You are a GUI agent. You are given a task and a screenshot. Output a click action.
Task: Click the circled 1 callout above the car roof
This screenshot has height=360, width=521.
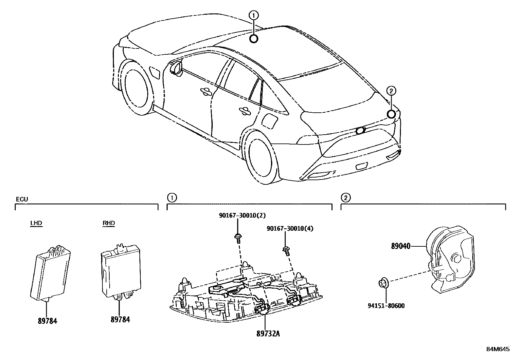[x=254, y=15]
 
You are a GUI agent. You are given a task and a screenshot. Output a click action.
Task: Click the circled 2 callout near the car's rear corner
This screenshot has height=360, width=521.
[x=391, y=90]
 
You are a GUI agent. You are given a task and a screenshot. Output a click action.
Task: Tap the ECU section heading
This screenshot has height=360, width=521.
[x=22, y=199]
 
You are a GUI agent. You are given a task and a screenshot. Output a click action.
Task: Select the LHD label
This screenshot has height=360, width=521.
[x=36, y=223]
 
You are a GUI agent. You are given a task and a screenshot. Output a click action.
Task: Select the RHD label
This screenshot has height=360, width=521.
[x=109, y=223]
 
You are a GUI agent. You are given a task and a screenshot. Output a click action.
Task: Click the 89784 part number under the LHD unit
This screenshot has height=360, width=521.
[x=47, y=321]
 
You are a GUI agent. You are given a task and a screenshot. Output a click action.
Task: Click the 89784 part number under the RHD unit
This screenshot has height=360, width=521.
[x=120, y=319]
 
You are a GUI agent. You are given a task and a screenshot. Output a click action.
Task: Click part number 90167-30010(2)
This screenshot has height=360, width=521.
[x=243, y=215]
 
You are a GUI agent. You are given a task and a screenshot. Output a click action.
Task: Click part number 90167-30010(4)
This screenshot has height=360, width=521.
[x=290, y=228]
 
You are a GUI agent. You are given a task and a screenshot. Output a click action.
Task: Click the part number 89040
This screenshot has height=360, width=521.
[x=401, y=246]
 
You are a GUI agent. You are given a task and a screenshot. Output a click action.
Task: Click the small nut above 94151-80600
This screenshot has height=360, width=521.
[x=383, y=282]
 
